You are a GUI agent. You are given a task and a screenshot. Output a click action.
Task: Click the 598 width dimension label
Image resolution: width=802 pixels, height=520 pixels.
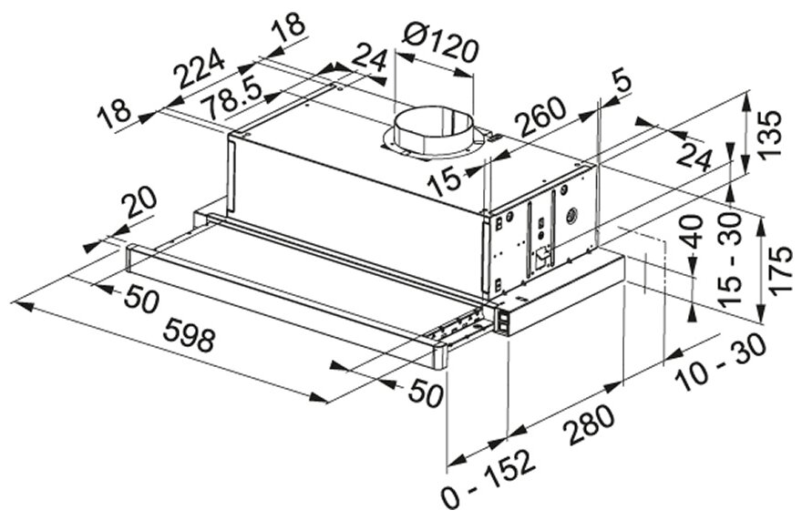pyautogui.click(x=190, y=338)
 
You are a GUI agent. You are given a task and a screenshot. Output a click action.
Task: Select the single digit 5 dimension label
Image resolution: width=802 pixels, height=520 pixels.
pyautogui.click(x=621, y=82)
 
